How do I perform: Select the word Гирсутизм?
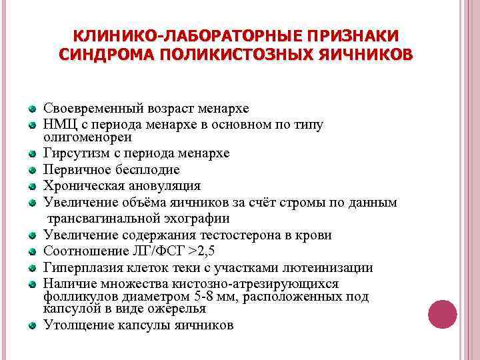pyautogui.click(x=75, y=153)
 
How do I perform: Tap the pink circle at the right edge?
pyautogui.click(x=441, y=313)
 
